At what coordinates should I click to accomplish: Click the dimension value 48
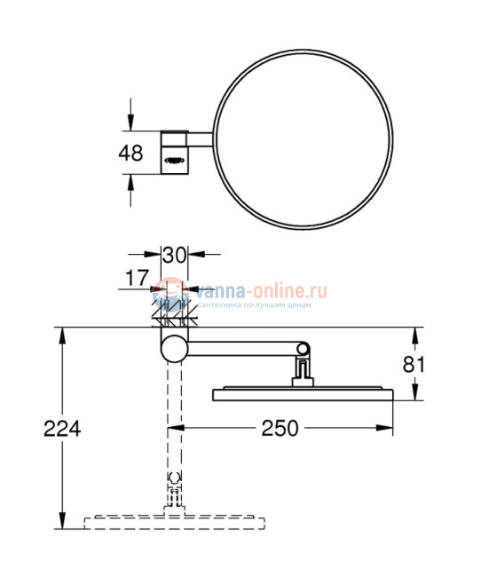[x=130, y=152]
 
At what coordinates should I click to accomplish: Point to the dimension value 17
[x=136, y=278]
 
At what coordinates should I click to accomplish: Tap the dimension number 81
[x=438, y=364]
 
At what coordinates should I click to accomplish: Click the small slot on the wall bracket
[x=174, y=161]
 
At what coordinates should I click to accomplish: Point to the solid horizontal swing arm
[x=244, y=347]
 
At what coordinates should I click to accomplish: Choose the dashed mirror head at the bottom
[x=174, y=521]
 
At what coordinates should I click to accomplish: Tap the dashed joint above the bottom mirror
[x=174, y=487]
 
